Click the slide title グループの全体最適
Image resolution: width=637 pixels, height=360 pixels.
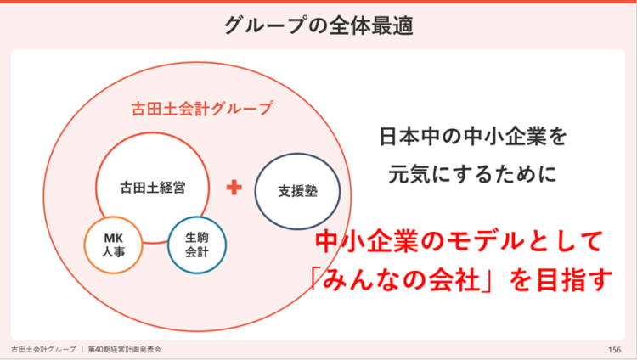pyautogui.click(x=318, y=25)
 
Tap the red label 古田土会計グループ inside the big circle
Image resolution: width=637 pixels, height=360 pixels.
pyautogui.click(x=202, y=109)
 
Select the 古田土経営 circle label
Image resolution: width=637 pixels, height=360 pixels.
pyautogui.click(x=153, y=188)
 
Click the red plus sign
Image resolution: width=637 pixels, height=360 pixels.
pyautogui.click(x=234, y=188)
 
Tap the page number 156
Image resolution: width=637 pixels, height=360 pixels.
pyautogui.click(x=615, y=350)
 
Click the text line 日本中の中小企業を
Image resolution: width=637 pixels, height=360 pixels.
pyautogui.click(x=473, y=136)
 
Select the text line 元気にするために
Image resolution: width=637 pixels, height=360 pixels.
pyautogui.click(x=472, y=174)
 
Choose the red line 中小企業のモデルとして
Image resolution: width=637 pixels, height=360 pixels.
pyautogui.click(x=459, y=241)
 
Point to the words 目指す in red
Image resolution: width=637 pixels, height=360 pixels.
pyautogui.click(x=574, y=280)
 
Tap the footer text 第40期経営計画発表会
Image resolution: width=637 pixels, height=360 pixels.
pyautogui.click(x=125, y=350)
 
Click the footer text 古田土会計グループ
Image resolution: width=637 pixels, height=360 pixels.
pyautogui.click(x=44, y=350)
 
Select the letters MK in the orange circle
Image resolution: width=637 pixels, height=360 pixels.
pyautogui.click(x=114, y=238)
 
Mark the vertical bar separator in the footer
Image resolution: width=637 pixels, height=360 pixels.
pyautogui.click(x=82, y=350)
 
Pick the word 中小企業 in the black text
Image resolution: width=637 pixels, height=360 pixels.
pyautogui.click(x=505, y=136)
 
